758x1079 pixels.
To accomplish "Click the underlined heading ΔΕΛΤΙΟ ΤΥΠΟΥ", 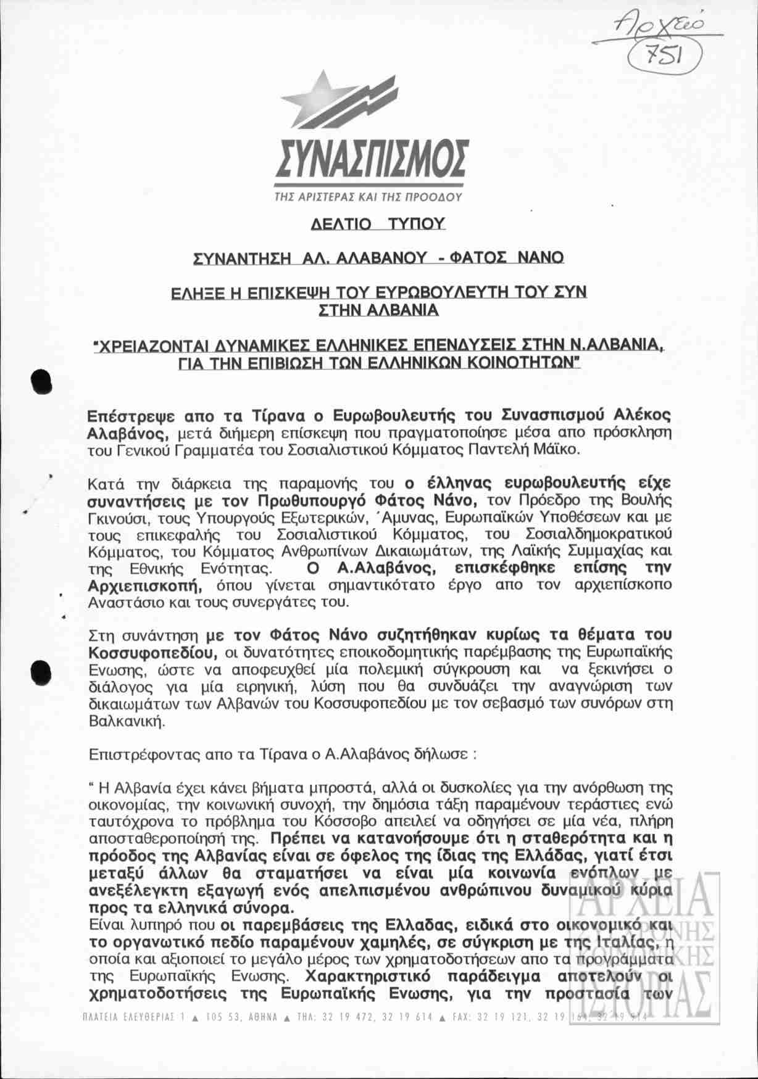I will tap(378, 223).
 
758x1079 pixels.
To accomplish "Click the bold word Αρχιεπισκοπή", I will tap(144, 584).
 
